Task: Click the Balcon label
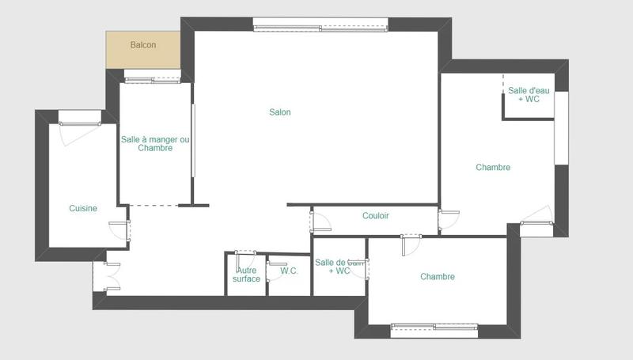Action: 143,45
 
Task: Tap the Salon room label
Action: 280,112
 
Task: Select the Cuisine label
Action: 83,209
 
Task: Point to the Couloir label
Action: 375,216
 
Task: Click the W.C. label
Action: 289,271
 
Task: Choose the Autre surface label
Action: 246,275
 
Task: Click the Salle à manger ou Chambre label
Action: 155,144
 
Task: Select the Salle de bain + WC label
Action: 339,267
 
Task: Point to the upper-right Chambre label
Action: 493,168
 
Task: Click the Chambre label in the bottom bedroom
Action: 438,277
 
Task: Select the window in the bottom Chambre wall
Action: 434,326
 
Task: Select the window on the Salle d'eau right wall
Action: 561,128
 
